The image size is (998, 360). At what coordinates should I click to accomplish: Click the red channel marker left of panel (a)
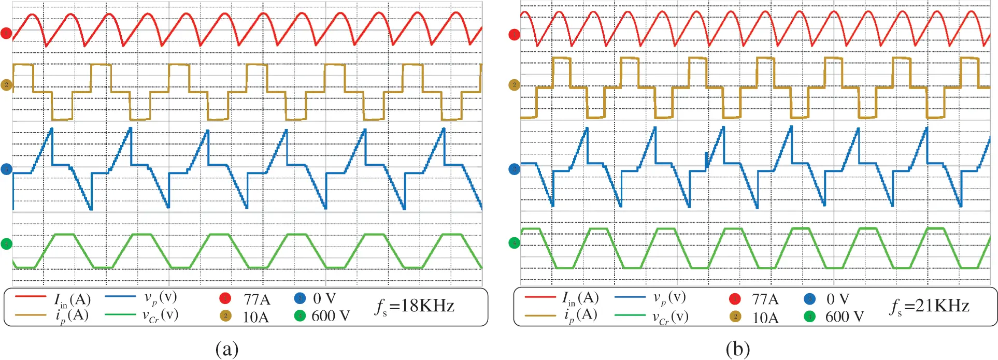click(6, 34)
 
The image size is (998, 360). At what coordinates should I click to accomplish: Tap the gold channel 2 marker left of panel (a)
click(6, 85)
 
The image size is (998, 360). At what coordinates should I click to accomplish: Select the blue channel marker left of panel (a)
click(6, 169)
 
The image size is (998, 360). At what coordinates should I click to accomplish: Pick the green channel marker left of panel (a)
click(6, 243)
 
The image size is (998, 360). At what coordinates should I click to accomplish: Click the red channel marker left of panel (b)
click(514, 35)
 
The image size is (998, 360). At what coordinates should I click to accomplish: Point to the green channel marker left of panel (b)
click(514, 243)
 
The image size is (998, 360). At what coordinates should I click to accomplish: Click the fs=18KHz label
click(415, 306)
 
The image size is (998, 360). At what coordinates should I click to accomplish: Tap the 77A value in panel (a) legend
click(257, 299)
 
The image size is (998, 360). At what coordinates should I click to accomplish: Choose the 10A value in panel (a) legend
click(255, 316)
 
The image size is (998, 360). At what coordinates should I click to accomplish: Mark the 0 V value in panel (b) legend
click(838, 299)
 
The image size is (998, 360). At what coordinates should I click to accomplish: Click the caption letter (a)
click(227, 349)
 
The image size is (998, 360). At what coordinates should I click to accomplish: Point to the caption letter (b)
click(738, 349)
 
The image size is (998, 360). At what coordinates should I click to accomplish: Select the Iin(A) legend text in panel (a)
click(73, 299)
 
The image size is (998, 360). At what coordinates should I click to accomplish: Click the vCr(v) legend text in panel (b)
click(671, 316)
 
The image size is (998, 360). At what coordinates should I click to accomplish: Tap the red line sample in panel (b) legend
click(540, 297)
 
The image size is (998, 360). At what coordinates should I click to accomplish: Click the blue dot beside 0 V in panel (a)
click(300, 298)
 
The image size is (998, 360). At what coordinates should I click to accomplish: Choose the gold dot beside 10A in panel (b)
click(735, 316)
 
